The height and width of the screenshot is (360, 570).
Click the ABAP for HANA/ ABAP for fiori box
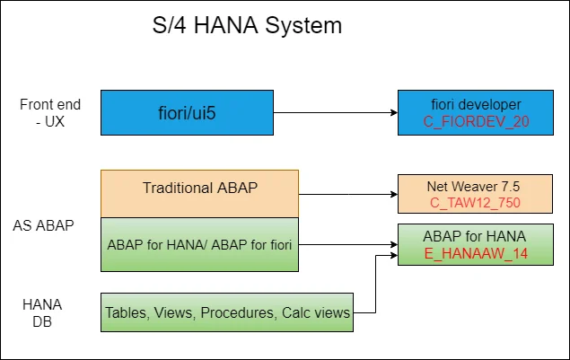point(198,242)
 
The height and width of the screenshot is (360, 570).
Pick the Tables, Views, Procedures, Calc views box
point(226,313)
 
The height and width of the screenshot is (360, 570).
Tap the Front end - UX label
point(44,112)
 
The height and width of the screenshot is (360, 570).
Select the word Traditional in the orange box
point(177,189)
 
